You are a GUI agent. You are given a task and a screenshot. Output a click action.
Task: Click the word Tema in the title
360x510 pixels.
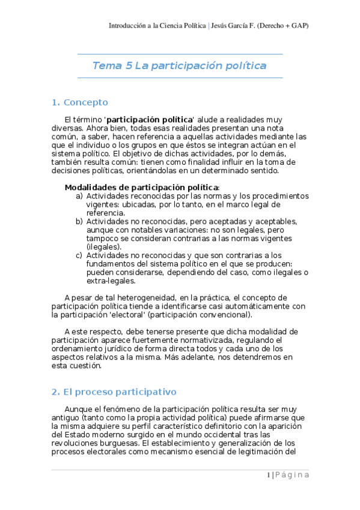106,66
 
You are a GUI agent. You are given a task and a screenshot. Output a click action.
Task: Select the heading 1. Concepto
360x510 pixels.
80,102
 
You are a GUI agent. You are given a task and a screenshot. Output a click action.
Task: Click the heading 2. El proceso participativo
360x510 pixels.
114,392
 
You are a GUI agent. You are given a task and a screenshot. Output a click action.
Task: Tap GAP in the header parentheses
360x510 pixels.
300,26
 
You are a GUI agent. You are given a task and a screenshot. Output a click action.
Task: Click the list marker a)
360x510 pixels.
79,196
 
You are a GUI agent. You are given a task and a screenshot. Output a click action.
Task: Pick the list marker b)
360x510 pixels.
79,221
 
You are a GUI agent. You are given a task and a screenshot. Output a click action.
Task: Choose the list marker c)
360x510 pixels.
79,255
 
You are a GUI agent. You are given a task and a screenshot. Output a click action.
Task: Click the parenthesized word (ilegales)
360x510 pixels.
104,247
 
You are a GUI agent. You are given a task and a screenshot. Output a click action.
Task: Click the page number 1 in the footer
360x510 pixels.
268,475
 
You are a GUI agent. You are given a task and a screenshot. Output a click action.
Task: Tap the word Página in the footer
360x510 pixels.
293,475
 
